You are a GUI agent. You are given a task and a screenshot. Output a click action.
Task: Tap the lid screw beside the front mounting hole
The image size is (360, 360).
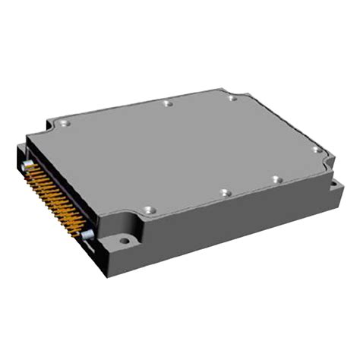click(148, 207)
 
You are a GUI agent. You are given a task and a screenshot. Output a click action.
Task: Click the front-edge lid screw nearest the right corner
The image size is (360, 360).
click(277, 180)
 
